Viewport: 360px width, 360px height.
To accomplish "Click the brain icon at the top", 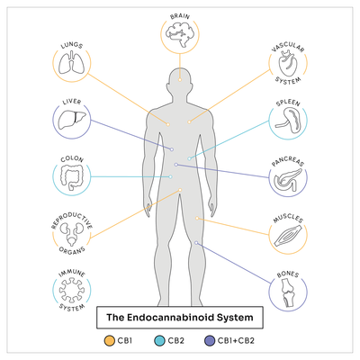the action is coord(180,34).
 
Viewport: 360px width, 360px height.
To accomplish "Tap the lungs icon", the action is coord(71,63).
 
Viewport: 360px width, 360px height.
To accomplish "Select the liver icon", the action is coord(72,120).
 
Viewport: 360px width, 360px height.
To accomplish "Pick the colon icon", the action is coord(72,178).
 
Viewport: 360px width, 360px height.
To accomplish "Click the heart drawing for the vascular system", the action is coord(287,64).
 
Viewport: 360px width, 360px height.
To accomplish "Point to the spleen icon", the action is coord(288,121).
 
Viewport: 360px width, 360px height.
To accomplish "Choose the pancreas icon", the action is coord(288,179).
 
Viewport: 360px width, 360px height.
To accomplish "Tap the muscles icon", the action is coord(288,236).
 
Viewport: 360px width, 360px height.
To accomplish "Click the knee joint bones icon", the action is coord(288,293).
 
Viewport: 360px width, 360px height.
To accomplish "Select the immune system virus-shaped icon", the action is coord(72,290).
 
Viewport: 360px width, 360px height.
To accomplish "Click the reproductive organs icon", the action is coord(72,233).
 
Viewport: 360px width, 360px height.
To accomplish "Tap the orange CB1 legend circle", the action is coord(110,341).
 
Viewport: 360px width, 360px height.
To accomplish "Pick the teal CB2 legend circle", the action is coord(159,341).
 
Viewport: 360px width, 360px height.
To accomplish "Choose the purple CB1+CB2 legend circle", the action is coord(210,341).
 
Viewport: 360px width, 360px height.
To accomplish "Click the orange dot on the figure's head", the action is coord(180,80).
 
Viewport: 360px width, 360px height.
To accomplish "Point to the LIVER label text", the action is coord(72,102).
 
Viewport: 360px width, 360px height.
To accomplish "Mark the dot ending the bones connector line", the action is coord(196,242).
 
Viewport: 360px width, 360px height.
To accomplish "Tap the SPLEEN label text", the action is coord(288,103).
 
